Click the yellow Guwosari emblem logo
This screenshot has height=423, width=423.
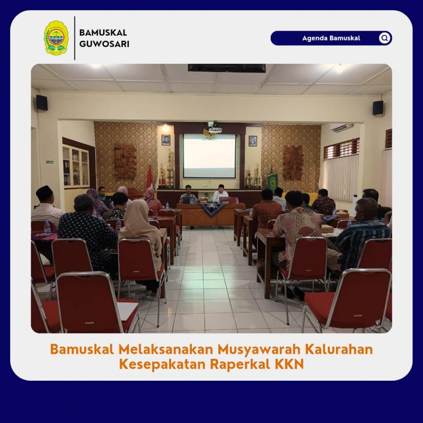[56, 38]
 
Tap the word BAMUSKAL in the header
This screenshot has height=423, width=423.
[103, 33]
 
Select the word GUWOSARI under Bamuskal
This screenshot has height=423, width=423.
[104, 44]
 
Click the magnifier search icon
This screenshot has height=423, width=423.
[385, 38]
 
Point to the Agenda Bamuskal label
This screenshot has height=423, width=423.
[331, 38]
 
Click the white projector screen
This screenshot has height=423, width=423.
[210, 156]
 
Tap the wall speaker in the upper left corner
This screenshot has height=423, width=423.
[42, 102]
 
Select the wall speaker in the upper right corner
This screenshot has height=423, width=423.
[378, 108]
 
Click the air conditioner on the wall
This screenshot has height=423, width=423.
[342, 127]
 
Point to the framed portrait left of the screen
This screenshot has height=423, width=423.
[166, 140]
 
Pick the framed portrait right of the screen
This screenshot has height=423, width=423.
[253, 141]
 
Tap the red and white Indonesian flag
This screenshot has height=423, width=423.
[150, 177]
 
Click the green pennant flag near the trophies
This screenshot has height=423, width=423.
[272, 182]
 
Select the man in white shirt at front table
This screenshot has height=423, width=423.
[221, 194]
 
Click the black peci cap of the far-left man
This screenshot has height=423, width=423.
[44, 192]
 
